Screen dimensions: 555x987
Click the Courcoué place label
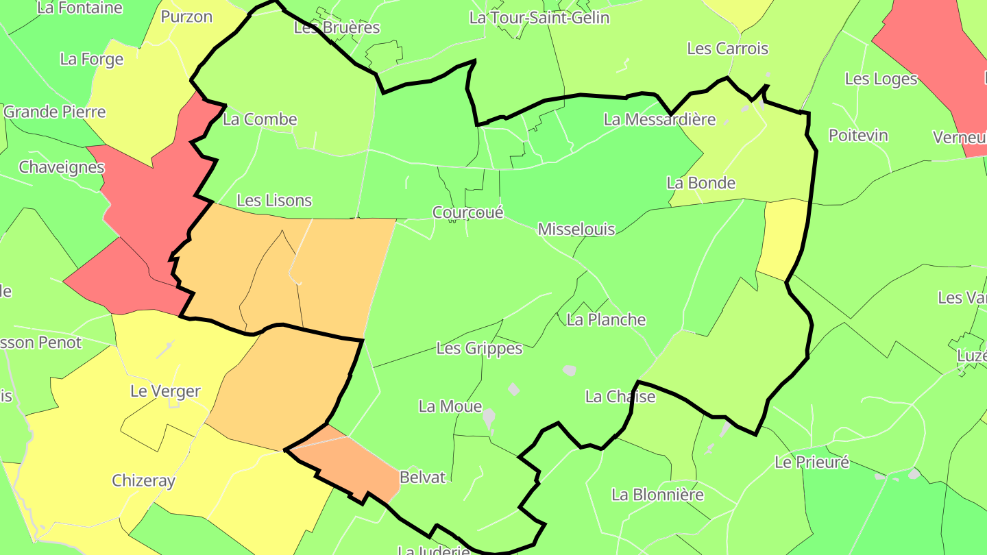pos(468,212)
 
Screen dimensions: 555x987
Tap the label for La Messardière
pos(659,120)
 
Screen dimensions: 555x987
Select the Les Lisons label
pos(274,201)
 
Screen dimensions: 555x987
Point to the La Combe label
pos(260,119)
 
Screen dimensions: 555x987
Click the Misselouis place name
pos(576,229)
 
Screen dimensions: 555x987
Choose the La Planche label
pos(607,319)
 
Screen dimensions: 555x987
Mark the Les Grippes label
pos(479,349)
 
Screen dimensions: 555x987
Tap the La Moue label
pos(450,406)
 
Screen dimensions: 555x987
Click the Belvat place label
pos(422,478)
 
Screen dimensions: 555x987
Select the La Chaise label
pos(620,397)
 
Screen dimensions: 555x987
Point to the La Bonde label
pos(701,183)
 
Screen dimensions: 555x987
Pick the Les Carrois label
pos(727,49)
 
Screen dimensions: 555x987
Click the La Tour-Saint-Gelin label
pos(539,18)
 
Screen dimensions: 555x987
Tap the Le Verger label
pos(165,391)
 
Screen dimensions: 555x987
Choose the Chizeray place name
pos(143,480)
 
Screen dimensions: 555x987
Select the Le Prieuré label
pos(812,462)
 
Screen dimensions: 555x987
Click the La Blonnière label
pos(657,495)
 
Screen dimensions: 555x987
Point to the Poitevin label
pos(858,135)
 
